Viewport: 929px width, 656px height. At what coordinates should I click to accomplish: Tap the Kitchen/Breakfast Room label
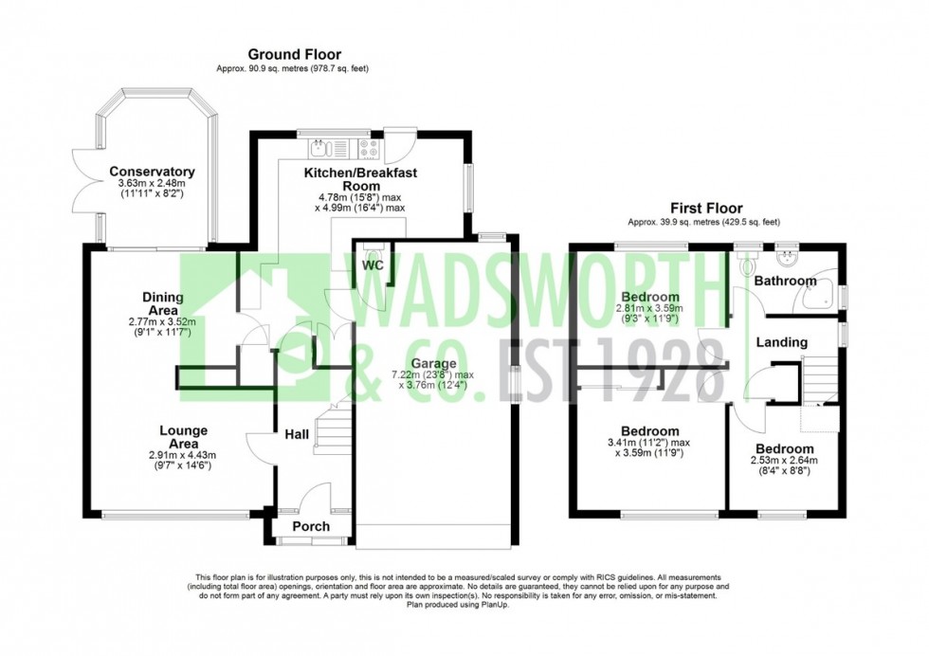coord(360,180)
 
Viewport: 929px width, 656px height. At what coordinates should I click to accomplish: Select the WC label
coord(373,265)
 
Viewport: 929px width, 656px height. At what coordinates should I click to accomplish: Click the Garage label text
coord(434,363)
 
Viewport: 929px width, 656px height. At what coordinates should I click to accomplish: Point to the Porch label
coord(311,526)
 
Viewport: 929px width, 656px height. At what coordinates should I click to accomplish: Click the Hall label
coord(297,434)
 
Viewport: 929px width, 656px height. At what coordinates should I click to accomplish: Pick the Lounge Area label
coord(183,437)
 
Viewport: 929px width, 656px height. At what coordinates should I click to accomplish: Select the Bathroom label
coord(785,281)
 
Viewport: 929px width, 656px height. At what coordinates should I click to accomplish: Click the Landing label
coord(782,341)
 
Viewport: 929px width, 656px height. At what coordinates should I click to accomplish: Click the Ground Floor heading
coord(294,55)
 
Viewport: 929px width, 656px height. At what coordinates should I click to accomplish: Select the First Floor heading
coord(706,209)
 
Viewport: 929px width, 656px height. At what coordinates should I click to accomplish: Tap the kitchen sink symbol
coord(319,147)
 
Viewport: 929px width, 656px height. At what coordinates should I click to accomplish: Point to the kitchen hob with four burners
coord(367,147)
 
